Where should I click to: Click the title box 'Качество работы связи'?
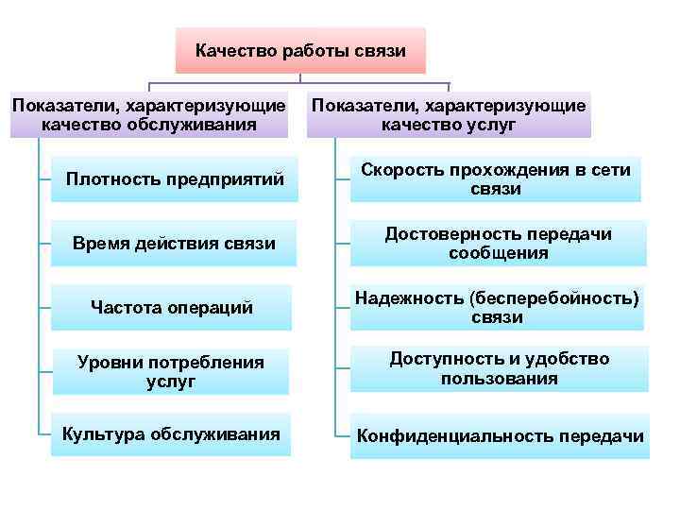click(300, 50)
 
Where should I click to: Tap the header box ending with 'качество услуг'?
click(449, 114)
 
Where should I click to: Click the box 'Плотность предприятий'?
click(175, 179)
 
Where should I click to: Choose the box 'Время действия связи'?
click(175, 244)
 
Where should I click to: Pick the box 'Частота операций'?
click(171, 307)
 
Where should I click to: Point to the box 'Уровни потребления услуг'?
click(171, 371)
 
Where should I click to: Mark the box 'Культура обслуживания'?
click(171, 434)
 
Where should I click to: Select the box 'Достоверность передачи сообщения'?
click(498, 244)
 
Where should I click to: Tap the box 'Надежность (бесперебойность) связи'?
click(497, 307)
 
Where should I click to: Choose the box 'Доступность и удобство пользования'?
click(499, 369)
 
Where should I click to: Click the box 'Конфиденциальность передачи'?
click(500, 436)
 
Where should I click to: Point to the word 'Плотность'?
click(106, 179)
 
